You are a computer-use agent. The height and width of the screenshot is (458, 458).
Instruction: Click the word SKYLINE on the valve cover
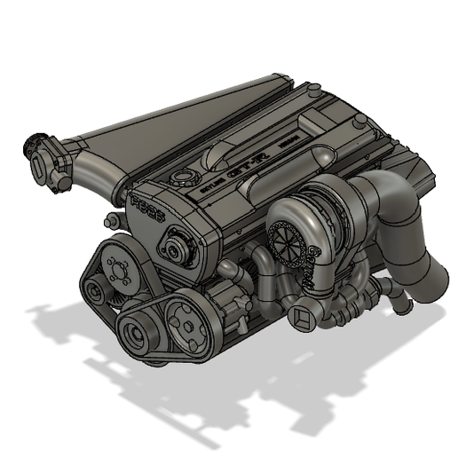213,182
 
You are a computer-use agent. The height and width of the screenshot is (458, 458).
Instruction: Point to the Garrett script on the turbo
312,261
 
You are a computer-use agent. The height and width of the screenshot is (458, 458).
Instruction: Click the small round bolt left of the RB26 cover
110,219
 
